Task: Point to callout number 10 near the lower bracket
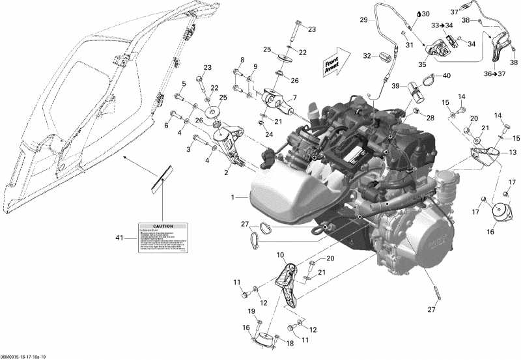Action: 279,255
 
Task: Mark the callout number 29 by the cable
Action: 364,20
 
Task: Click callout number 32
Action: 366,57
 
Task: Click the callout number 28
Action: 430,117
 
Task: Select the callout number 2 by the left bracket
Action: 225,173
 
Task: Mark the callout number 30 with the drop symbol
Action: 425,14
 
